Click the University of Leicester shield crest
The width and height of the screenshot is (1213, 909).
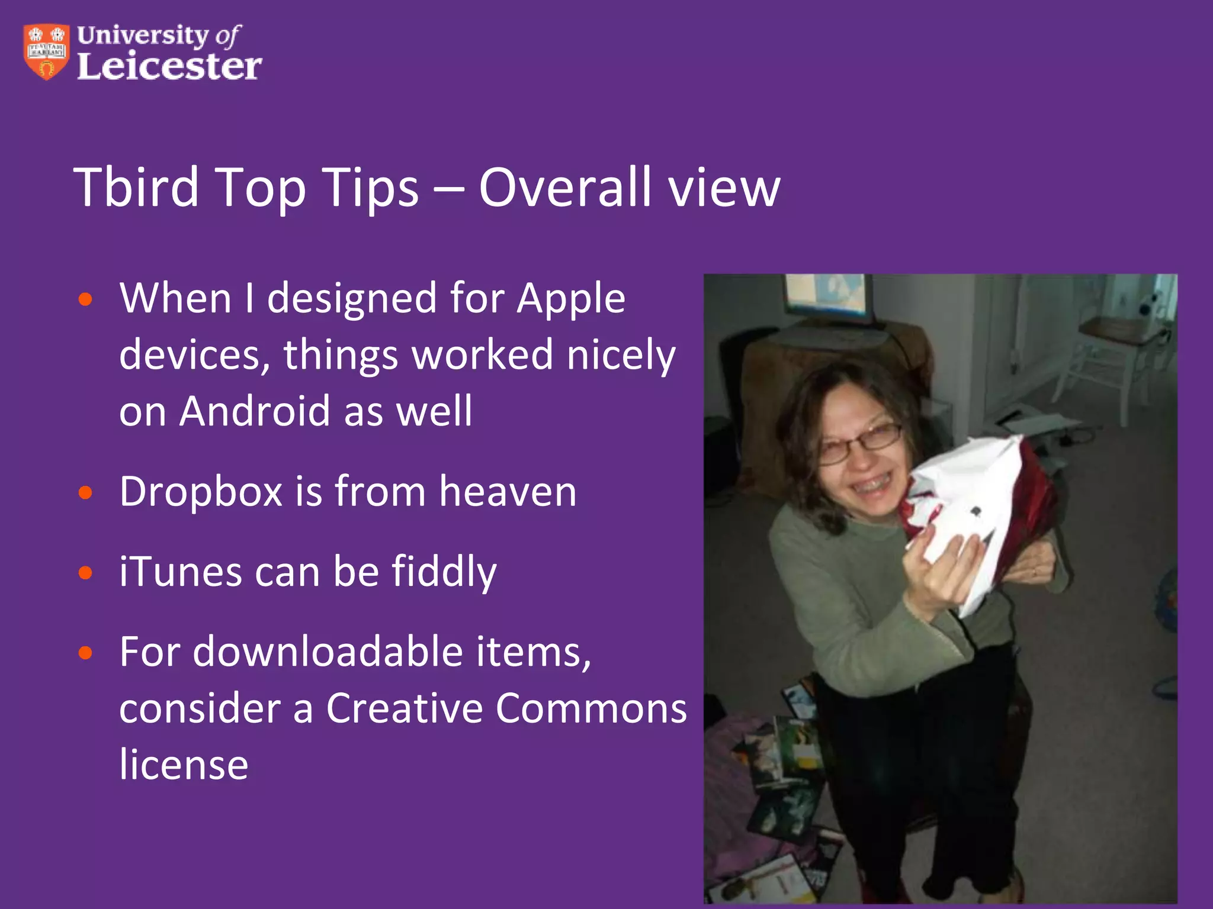pyautogui.click(x=46, y=51)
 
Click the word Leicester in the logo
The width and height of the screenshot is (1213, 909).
pyautogui.click(x=169, y=66)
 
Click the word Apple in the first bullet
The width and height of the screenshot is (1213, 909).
pyautogui.click(x=571, y=298)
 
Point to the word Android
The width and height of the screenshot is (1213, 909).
pyautogui.click(x=254, y=411)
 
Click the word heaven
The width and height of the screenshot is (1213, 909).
pyautogui.click(x=508, y=492)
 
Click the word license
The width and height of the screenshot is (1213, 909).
pyautogui.click(x=184, y=765)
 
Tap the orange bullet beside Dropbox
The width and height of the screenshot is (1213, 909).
pyautogui.click(x=86, y=493)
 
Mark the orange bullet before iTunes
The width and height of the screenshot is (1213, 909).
pyautogui.click(x=86, y=573)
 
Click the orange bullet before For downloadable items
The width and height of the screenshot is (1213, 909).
pyautogui.click(x=86, y=653)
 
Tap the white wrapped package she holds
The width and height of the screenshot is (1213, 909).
pyautogui.click(x=971, y=509)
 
